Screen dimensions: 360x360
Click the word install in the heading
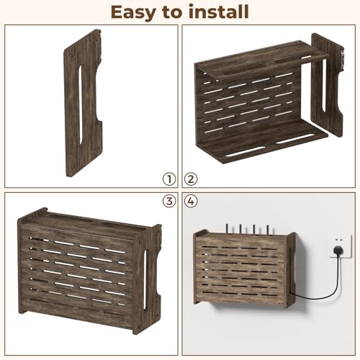click(219, 12)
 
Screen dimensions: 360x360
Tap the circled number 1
click(169, 179)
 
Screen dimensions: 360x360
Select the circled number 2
click(191, 179)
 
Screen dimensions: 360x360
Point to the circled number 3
click(169, 201)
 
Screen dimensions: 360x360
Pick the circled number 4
click(191, 201)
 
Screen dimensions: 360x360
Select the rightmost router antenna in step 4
click(268, 230)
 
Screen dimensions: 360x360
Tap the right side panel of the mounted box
click(292, 269)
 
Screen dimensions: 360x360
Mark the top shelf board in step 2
click(261, 60)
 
